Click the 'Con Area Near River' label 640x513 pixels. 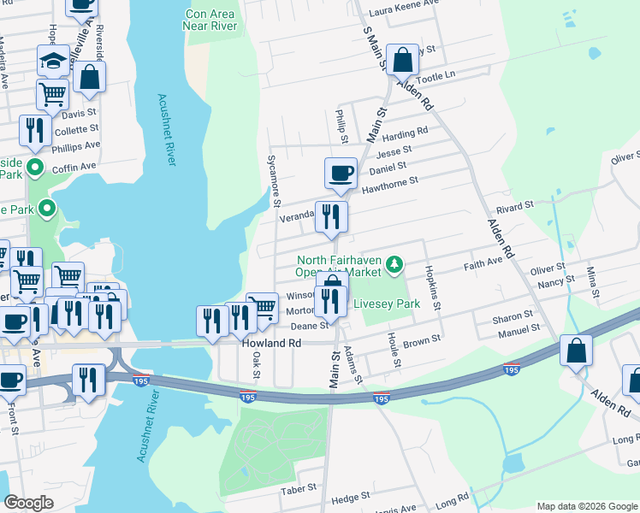click(x=209, y=20)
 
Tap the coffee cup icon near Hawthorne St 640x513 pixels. click(x=341, y=173)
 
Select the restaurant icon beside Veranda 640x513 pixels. click(x=331, y=217)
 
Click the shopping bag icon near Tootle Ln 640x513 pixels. click(x=401, y=60)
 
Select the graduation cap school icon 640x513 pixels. click(x=53, y=61)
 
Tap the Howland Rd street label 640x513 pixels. click(x=271, y=343)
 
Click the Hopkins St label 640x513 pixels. click(x=432, y=281)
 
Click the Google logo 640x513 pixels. click(x=29, y=503)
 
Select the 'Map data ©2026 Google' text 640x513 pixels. click(x=586, y=506)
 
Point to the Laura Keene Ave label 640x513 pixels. click(x=402, y=13)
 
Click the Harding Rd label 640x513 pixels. click(x=405, y=135)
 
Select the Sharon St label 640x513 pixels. click(x=513, y=317)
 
